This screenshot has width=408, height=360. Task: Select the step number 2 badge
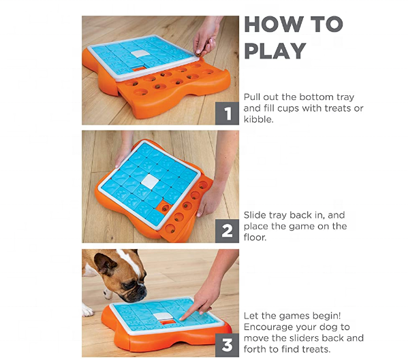[227, 231]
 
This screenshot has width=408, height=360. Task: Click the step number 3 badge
[227, 345]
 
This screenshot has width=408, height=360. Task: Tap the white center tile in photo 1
[140, 54]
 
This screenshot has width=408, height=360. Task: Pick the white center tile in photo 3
[164, 316]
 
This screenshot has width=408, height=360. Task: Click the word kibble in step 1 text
[258, 120]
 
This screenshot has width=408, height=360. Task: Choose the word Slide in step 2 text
[255, 215]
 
